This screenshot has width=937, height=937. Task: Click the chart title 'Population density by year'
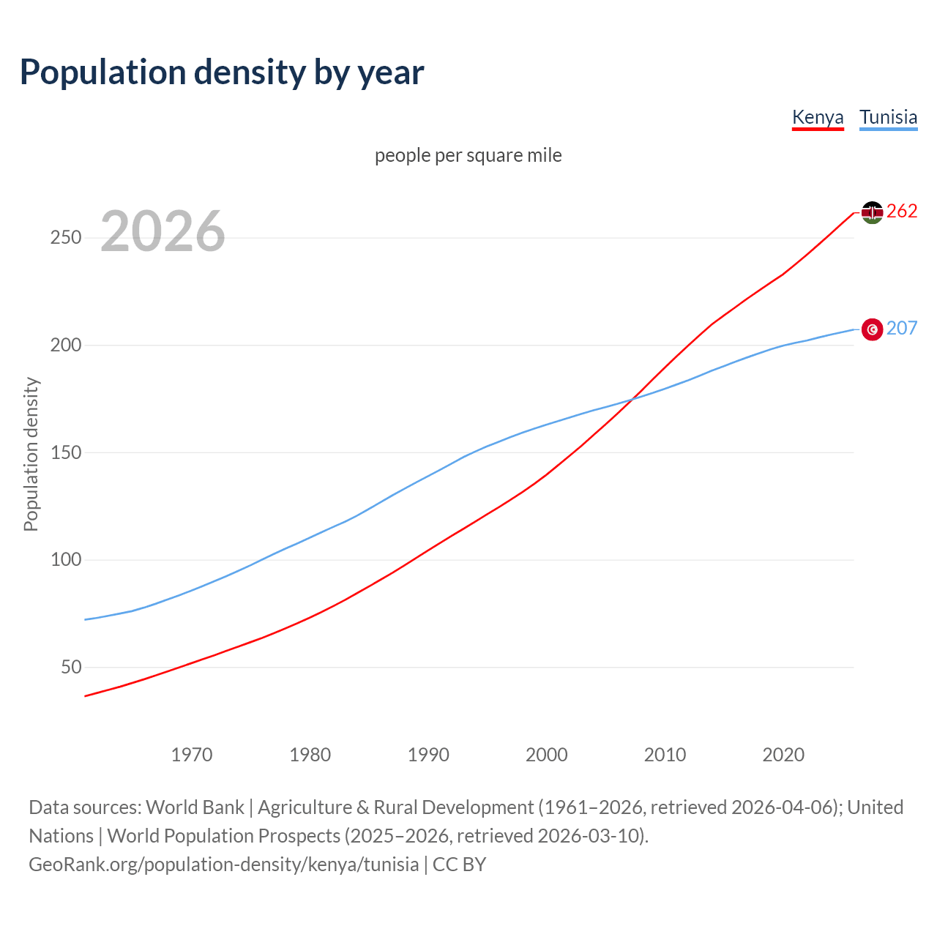coord(222,72)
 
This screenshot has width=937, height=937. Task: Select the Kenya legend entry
coord(818,117)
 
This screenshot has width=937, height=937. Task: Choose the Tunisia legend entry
coord(888,117)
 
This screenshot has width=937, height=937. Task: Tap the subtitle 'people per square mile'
coord(468,156)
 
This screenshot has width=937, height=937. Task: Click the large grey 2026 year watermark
coord(163,231)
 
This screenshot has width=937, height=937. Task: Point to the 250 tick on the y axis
coord(66,238)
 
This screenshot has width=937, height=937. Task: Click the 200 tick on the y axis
coord(66,346)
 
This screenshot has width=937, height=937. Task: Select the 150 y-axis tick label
coord(66,453)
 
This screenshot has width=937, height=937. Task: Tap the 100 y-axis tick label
coord(66,560)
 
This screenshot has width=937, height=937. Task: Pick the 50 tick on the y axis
coord(71,668)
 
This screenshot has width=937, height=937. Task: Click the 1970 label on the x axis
coord(192,755)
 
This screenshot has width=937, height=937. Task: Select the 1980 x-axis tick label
coord(310,755)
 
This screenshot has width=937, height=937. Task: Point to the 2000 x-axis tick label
coord(547,755)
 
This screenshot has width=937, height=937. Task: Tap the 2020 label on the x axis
coord(783,755)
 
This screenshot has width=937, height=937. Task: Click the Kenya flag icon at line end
coord(872,212)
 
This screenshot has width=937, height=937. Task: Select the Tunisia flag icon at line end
coord(872,329)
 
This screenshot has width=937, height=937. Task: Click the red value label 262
coord(902,212)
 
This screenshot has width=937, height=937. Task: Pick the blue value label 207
coord(902,329)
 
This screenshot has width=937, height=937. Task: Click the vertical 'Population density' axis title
coord(31,454)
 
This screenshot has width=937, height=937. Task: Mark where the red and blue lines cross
coord(631,399)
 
